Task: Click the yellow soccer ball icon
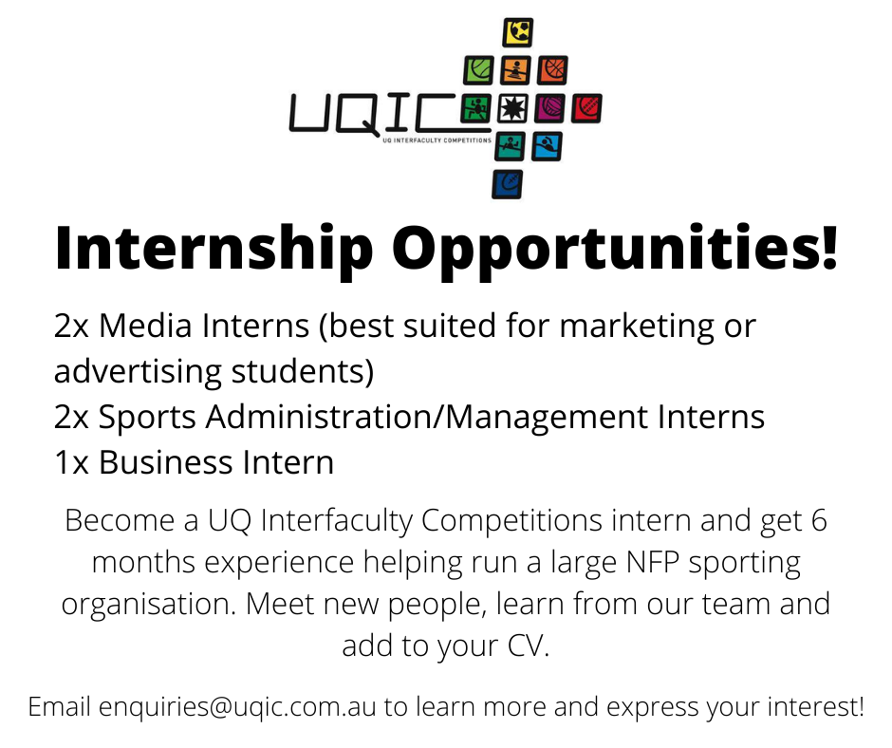click(x=518, y=32)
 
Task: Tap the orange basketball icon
click(x=552, y=70)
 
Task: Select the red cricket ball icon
click(x=586, y=108)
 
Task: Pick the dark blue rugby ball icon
click(x=508, y=184)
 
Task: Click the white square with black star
click(x=512, y=108)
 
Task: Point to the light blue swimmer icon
click(x=547, y=146)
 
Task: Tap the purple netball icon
click(x=549, y=108)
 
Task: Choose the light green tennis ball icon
click(x=478, y=70)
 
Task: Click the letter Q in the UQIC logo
click(x=357, y=115)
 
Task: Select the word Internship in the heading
click(x=214, y=249)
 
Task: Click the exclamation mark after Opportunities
click(x=828, y=246)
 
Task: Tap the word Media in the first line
click(x=145, y=326)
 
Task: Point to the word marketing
click(x=637, y=327)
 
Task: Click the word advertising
click(x=138, y=373)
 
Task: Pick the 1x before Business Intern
click(x=72, y=462)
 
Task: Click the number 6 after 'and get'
click(x=819, y=520)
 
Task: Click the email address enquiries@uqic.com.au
click(x=237, y=707)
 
